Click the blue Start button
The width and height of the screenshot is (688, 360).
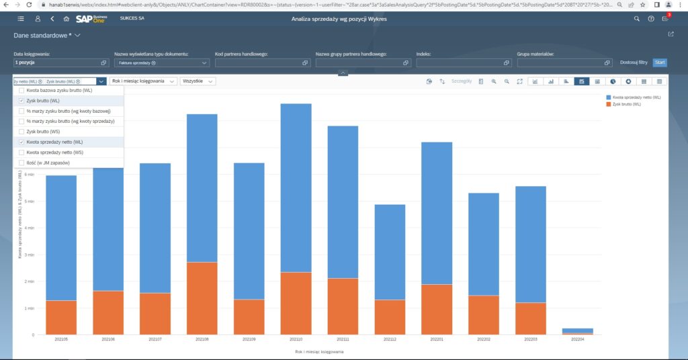click(x=660, y=62)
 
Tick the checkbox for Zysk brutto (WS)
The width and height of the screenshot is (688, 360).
click(x=21, y=132)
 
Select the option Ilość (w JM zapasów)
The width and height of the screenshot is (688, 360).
click(x=21, y=163)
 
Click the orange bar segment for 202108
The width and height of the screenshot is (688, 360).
click(x=202, y=298)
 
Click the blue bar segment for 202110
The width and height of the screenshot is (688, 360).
click(x=296, y=187)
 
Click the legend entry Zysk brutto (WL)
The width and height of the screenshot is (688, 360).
click(x=626, y=105)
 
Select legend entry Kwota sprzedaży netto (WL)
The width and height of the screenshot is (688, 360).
click(x=636, y=97)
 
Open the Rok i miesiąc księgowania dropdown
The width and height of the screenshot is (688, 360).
click(x=142, y=81)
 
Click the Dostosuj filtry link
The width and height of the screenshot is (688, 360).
click(x=634, y=62)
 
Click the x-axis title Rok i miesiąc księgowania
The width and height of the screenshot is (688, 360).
click(x=319, y=351)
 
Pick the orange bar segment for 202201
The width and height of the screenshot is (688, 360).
click(x=437, y=309)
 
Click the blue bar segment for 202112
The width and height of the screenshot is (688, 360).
click(x=390, y=252)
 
